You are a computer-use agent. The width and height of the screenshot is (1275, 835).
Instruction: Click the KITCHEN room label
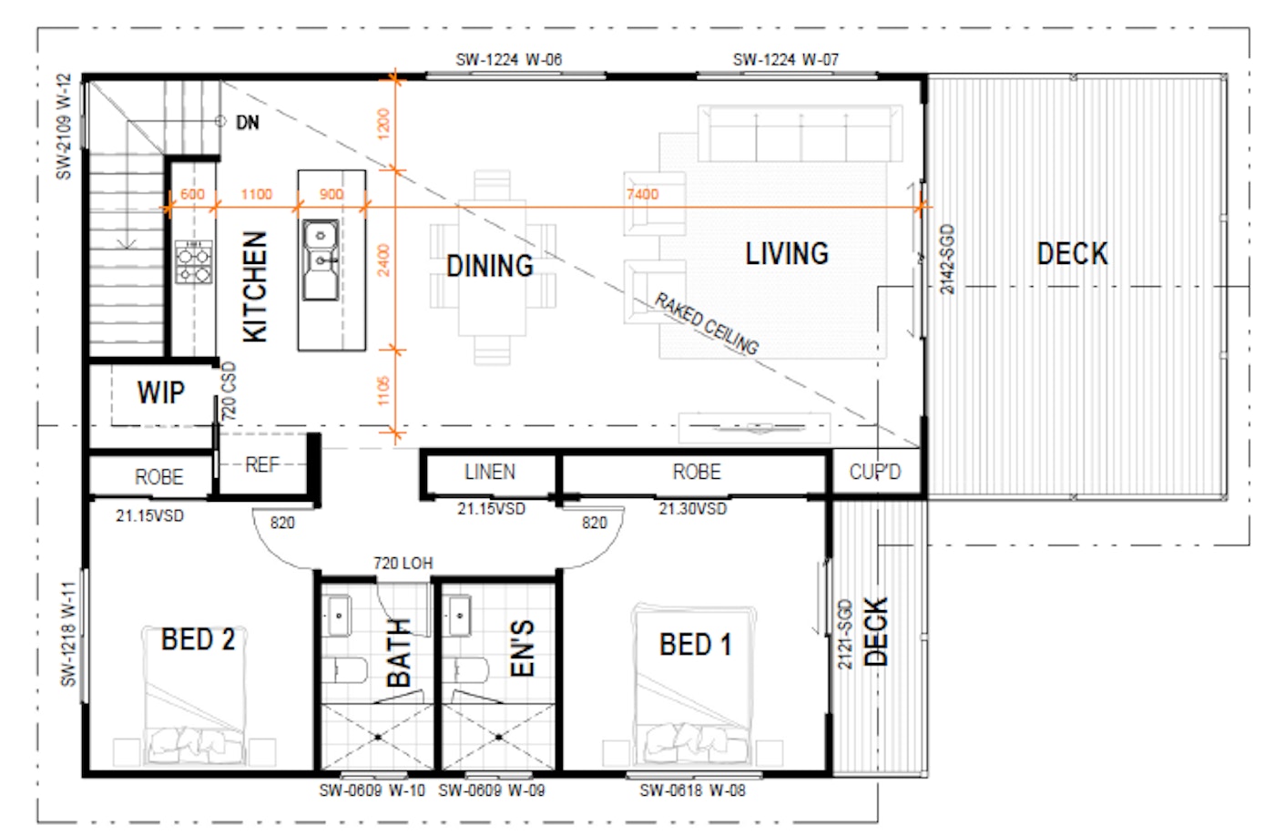(254, 287)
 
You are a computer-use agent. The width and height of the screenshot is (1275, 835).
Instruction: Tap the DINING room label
(490, 266)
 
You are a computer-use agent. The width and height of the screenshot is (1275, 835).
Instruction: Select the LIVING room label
(787, 254)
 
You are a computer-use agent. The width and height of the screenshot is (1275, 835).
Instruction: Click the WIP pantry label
(161, 392)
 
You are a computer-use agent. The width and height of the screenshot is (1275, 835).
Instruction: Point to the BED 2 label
(198, 639)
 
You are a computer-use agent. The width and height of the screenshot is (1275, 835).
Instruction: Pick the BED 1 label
(696, 645)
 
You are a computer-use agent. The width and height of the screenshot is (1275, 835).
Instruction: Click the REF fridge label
(262, 465)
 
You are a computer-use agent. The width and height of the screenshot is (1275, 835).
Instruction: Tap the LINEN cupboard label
(490, 472)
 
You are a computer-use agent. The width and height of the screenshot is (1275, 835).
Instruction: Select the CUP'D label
(875, 472)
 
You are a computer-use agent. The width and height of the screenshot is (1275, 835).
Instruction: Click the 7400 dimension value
(643, 195)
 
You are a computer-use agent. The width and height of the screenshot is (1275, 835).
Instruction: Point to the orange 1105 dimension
(383, 391)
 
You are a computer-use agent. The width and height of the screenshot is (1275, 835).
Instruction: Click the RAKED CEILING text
(707, 323)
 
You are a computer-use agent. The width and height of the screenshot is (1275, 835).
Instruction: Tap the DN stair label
(248, 122)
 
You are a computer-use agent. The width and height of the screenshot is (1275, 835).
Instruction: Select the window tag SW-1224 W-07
(785, 60)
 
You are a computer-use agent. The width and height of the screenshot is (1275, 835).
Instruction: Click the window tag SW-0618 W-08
(692, 790)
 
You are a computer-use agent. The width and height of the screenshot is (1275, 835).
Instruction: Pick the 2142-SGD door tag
(946, 259)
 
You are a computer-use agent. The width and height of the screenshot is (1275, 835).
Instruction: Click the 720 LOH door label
(403, 564)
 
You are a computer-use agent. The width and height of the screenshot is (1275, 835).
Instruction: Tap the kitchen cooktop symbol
(193, 262)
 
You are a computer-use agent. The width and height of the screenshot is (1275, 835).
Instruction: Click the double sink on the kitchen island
(321, 260)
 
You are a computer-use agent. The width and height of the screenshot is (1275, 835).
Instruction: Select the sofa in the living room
(800, 134)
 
